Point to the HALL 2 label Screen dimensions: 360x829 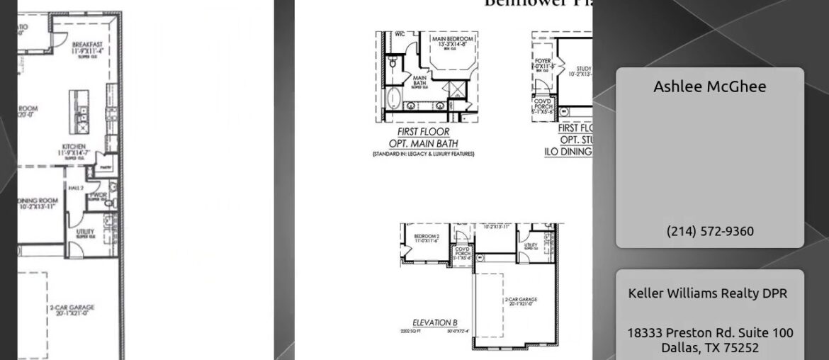pyautogui.click(x=76, y=187)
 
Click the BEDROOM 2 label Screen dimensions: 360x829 pyautogui.click(x=427, y=236)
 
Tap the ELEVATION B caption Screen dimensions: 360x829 pyautogui.click(x=434, y=322)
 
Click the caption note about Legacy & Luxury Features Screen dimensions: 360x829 pyautogui.click(x=423, y=154)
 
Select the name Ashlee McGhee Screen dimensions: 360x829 pyautogui.click(x=709, y=86)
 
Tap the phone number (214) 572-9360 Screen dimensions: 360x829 pyautogui.click(x=709, y=231)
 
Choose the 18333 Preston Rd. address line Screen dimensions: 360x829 pyautogui.click(x=709, y=332)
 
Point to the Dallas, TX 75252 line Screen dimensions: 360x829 pyautogui.click(x=709, y=347)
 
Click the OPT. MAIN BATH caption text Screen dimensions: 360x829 pyautogui.click(x=423, y=144)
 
